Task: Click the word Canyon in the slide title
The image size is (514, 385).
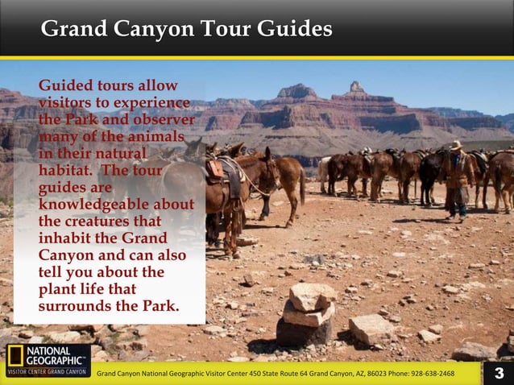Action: click(x=152, y=30)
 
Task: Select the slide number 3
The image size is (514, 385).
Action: click(x=499, y=373)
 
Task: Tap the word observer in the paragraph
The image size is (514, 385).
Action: click(x=165, y=119)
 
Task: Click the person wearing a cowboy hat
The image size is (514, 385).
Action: click(x=457, y=177)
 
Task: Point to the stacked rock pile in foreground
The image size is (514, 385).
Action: click(x=306, y=314)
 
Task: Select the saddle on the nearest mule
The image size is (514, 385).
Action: click(x=218, y=168)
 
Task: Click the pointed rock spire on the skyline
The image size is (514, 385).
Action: click(x=354, y=86)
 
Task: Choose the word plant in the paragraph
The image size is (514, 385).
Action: click(x=59, y=289)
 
